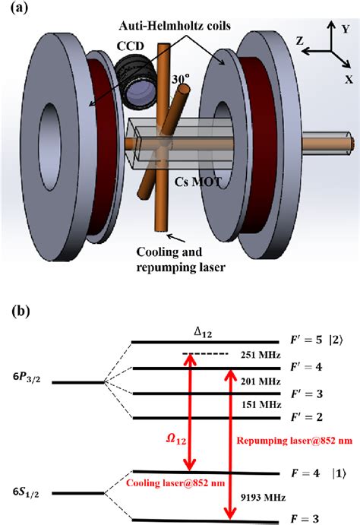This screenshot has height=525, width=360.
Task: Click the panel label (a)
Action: (18, 9)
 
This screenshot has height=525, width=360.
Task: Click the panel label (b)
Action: (19, 312)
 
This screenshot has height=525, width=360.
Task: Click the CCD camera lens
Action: (139, 97)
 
